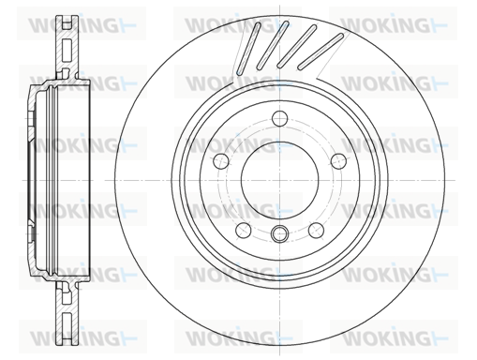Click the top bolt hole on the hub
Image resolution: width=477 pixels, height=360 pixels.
click(279, 118)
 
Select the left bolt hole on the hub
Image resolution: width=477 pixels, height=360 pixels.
click(221, 160)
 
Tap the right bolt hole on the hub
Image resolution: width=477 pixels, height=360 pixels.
click(338, 160)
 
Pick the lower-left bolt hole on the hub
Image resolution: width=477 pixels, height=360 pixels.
click(244, 231)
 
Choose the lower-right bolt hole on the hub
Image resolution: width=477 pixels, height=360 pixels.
click(316, 231)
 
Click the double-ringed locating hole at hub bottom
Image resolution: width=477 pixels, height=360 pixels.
click(279, 233)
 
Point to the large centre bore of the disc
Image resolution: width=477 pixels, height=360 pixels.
click(279, 180)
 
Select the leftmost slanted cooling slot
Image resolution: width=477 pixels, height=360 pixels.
click(248, 48)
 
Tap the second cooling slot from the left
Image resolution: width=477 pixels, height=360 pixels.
click(273, 45)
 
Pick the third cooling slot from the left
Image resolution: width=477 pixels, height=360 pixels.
click(297, 46)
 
